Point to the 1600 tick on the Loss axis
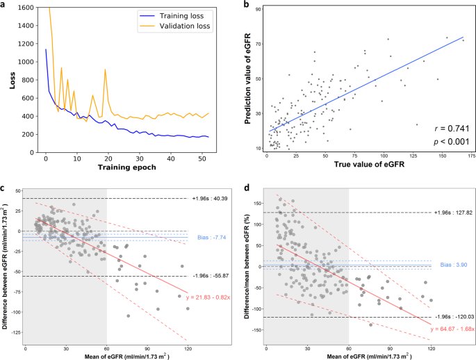20,8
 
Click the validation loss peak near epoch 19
105,69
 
